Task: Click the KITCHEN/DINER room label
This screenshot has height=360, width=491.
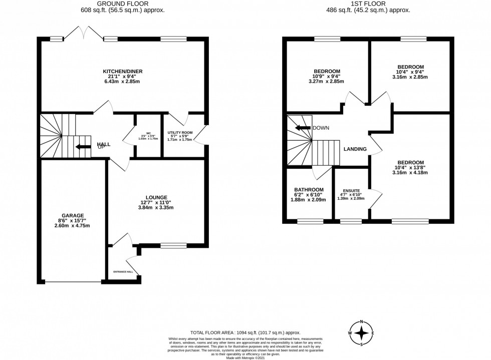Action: (x=123, y=72)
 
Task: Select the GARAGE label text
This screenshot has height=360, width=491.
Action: (x=73, y=215)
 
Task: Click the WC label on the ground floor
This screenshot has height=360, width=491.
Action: (x=148, y=133)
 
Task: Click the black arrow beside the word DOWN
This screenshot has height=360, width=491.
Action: (x=303, y=128)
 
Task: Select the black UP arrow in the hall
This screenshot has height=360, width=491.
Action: (x=79, y=147)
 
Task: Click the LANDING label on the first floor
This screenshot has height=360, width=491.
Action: (x=355, y=149)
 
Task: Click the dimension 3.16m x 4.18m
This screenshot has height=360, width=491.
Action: (x=410, y=172)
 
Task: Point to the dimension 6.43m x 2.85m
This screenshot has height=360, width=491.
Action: (x=123, y=82)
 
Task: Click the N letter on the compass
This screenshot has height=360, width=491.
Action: (x=362, y=322)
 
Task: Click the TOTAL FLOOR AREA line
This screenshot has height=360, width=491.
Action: (x=245, y=332)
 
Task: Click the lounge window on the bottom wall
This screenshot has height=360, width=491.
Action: (x=173, y=245)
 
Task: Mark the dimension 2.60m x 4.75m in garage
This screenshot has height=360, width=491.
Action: (x=73, y=225)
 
